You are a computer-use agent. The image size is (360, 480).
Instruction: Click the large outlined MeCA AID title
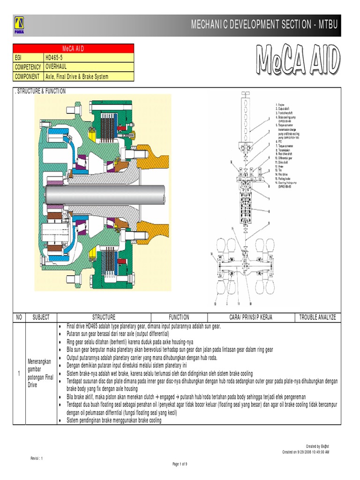coord(298,60)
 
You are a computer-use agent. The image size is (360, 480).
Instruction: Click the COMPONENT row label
coord(28,76)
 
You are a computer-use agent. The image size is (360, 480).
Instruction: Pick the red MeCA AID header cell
coord(73,48)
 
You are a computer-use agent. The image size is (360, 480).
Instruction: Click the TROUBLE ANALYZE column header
coord(317,317)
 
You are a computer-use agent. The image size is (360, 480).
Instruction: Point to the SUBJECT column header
coord(41,317)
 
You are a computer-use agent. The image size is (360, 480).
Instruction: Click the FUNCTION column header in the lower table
coord(179,317)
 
